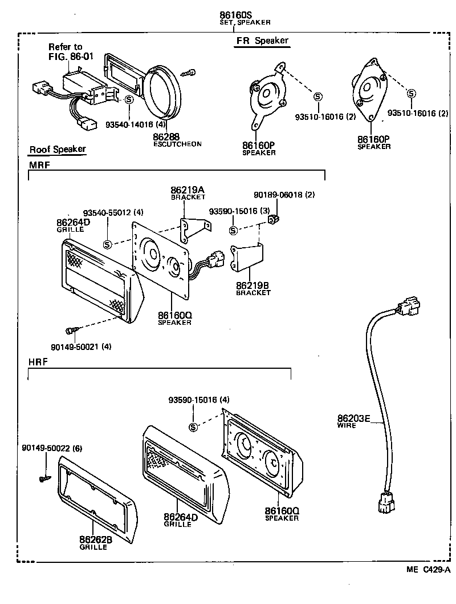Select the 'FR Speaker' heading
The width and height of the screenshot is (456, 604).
click(262, 41)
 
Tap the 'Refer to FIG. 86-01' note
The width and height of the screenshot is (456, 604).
click(65, 52)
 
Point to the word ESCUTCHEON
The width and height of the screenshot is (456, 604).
click(177, 144)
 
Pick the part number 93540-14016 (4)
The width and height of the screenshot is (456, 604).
click(136, 124)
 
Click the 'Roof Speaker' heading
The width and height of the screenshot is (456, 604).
click(58, 150)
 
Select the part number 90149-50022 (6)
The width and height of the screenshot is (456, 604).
click(52, 448)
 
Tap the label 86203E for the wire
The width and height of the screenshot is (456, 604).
click(353, 418)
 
